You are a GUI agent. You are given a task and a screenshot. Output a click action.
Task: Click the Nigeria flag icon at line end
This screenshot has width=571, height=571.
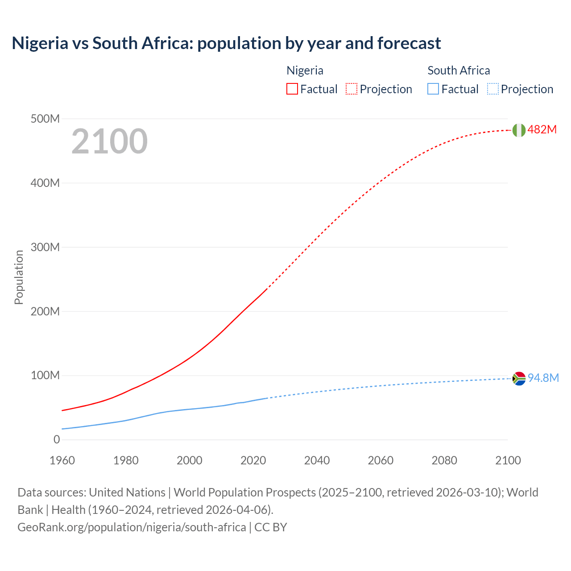pyautogui.click(x=519, y=130)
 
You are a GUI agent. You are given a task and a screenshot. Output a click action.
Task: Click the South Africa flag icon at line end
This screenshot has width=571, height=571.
pyautogui.click(x=519, y=379)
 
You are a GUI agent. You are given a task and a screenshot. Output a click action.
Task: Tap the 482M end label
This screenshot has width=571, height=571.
pyautogui.click(x=542, y=129)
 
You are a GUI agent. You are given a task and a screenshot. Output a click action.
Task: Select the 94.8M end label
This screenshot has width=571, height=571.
pyautogui.click(x=543, y=378)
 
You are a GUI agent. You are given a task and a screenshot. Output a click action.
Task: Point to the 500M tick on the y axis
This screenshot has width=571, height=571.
pyautogui.click(x=45, y=119)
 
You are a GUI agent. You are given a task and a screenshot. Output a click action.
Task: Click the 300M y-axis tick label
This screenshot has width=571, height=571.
pyautogui.click(x=45, y=247)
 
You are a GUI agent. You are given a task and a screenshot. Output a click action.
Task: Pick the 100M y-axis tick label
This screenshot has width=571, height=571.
pyautogui.click(x=45, y=375)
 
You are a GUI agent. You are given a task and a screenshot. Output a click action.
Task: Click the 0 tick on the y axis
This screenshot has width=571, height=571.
pyautogui.click(x=57, y=439)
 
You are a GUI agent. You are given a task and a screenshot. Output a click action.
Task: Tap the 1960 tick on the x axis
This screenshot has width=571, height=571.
pyautogui.click(x=62, y=460)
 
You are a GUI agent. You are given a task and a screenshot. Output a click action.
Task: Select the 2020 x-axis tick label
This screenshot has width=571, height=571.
pyautogui.click(x=253, y=460)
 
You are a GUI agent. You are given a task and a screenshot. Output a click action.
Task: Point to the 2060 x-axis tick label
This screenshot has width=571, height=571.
pyautogui.click(x=381, y=460)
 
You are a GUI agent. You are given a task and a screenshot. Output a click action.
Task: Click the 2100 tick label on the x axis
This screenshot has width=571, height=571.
pyautogui.click(x=508, y=460)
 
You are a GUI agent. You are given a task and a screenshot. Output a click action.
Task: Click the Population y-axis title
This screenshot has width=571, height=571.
pyautogui.click(x=19, y=277)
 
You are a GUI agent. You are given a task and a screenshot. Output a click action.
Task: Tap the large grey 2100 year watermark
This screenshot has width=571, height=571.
pyautogui.click(x=109, y=141)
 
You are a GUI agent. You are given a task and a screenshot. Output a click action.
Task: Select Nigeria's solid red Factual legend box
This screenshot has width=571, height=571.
pyautogui.click(x=292, y=89)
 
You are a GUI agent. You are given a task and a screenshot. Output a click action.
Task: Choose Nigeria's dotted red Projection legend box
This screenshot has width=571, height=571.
pyautogui.click(x=352, y=89)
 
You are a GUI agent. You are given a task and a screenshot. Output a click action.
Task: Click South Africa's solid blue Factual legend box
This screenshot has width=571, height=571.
pyautogui.click(x=433, y=89)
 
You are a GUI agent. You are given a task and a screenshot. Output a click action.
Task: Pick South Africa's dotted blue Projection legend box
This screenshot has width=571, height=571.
pyautogui.click(x=492, y=89)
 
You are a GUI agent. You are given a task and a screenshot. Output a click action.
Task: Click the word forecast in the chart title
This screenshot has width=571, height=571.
pyautogui.click(x=409, y=43)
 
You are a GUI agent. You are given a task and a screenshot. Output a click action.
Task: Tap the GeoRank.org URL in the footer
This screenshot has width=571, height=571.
pyautogui.click(x=132, y=527)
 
